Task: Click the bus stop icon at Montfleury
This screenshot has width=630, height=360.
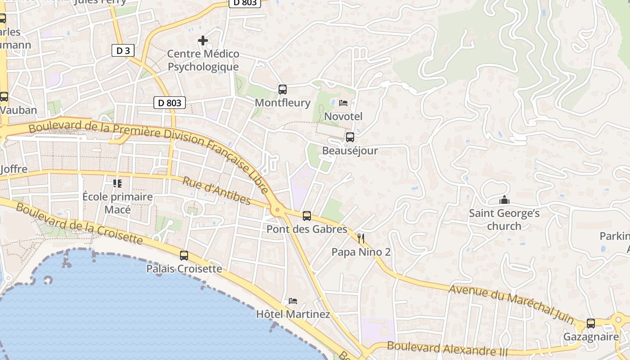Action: pos(282,90)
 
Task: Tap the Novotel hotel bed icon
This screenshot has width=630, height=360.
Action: pos(343,103)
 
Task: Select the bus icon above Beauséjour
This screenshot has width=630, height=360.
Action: pos(350,137)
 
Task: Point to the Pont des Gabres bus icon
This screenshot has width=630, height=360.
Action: pos(306,216)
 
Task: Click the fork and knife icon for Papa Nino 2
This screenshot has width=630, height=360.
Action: pos(361,238)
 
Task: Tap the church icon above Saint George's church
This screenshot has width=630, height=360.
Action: pos(504,200)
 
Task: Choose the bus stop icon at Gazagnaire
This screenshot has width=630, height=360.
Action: pos(590,324)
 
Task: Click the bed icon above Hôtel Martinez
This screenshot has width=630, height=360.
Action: pos(293,301)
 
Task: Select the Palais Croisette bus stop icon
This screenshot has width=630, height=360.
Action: pos(184,256)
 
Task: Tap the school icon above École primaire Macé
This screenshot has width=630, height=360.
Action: pos(117,183)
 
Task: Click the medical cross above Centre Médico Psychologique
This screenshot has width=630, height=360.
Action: pos(203,40)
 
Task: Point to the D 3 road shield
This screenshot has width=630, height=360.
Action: pos(123,51)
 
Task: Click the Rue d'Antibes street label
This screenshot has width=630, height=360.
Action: pos(216,190)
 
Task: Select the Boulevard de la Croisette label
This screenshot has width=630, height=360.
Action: pos(79,224)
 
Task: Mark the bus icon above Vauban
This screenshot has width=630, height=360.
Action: pos(4,97)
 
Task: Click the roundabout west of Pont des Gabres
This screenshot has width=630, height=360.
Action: pos(277,209)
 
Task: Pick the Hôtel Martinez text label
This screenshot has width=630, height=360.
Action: pos(293,314)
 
